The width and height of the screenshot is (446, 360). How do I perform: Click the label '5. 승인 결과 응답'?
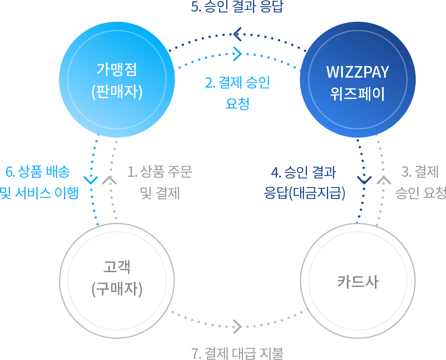coord(237,7)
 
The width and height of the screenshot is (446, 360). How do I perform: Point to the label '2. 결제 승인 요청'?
coord(237,93)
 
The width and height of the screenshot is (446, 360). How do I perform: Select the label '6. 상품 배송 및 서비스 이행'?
coord(39,182)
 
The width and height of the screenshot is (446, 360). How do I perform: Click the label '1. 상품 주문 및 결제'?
coord(160,182)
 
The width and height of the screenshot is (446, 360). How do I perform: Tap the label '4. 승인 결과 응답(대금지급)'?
coord(305,183)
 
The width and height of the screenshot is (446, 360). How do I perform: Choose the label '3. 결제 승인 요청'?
coord(420,182)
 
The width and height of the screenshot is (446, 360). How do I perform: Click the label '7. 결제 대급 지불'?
coord(237,353)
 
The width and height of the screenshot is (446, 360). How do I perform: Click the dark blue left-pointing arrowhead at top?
coord(237,34)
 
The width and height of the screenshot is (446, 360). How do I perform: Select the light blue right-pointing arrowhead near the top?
coord(238,54)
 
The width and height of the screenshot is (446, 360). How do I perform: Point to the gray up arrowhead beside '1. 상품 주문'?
coord(110,180)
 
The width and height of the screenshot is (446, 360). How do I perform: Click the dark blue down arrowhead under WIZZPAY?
coord(364,179)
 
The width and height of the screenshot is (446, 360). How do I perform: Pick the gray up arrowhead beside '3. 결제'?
coord(383,180)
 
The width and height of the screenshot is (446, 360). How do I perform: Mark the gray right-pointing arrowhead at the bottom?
coord(237,326)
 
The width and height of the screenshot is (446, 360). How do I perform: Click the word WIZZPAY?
coord(358,72)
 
